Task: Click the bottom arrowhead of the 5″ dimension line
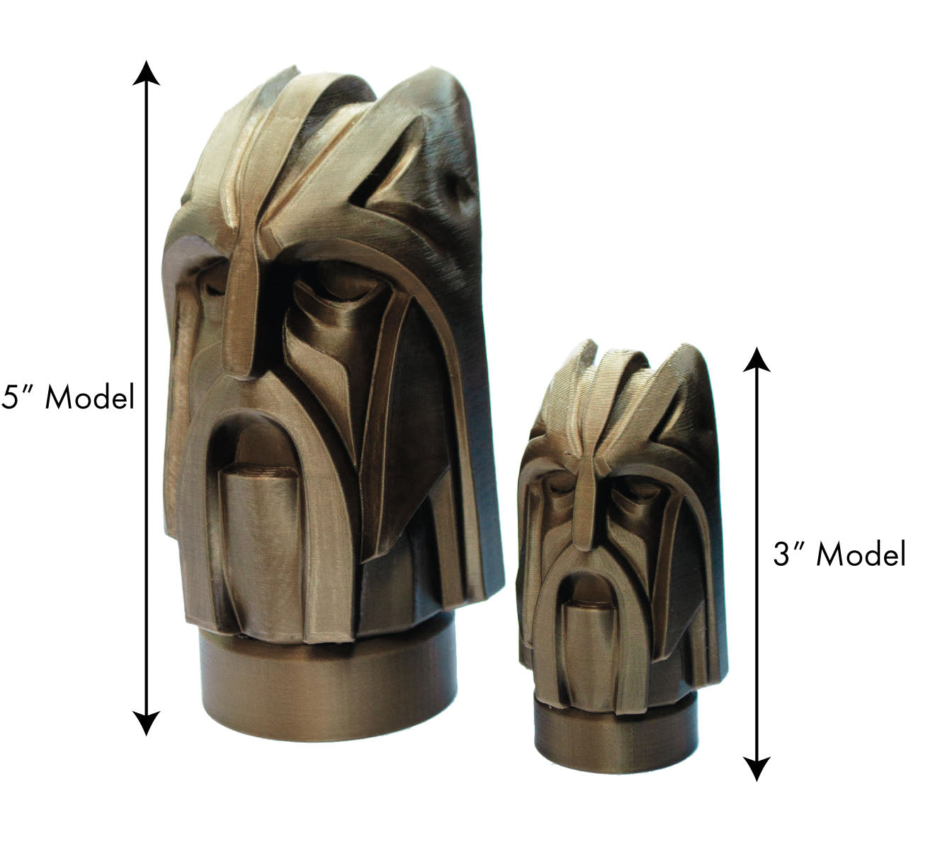[x=146, y=723]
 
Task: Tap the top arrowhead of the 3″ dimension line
[x=757, y=360]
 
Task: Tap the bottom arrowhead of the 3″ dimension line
[x=757, y=768]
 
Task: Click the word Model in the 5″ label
[x=89, y=397]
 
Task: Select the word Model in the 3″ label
[x=861, y=554]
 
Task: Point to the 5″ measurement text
[x=17, y=397]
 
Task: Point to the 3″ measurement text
[x=788, y=554]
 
